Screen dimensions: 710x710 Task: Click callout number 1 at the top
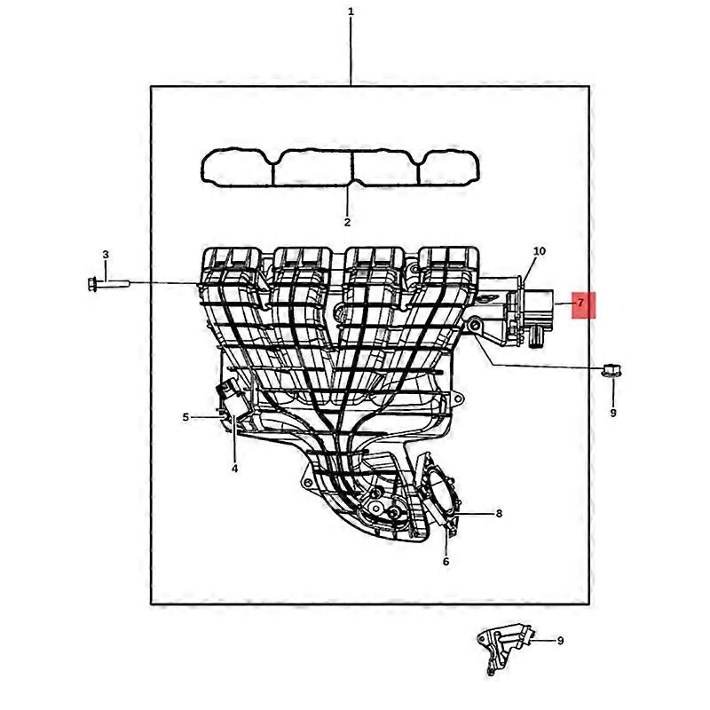(x=351, y=12)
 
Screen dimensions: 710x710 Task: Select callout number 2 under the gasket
(x=347, y=222)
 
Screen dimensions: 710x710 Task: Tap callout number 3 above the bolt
(x=105, y=256)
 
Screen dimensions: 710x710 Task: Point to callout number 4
(x=234, y=469)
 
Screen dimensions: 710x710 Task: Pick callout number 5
(x=186, y=416)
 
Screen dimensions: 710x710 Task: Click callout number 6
(x=446, y=561)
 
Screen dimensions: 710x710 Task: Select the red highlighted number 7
(x=580, y=304)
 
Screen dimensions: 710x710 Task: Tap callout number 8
(x=499, y=513)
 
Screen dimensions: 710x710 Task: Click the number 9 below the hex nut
(x=612, y=413)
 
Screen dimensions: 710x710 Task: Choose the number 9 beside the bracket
(x=560, y=640)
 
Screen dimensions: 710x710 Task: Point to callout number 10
(x=539, y=251)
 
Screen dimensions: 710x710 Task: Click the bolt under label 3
(x=106, y=284)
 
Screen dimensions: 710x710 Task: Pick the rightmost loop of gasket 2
(x=450, y=168)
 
